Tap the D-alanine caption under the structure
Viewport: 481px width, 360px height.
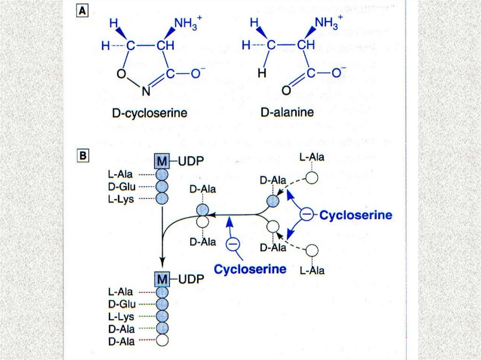(x=287, y=114)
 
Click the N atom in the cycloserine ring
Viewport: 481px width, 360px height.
(x=146, y=92)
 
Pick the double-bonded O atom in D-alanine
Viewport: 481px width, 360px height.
(x=286, y=92)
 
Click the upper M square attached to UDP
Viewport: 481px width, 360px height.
(x=161, y=161)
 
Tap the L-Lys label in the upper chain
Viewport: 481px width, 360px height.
(x=121, y=199)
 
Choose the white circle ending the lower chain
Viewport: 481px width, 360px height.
(x=162, y=338)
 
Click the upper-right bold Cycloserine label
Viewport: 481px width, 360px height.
(x=355, y=215)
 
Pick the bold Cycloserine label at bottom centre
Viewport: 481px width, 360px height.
(x=250, y=269)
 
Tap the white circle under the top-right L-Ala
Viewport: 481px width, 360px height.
(x=312, y=177)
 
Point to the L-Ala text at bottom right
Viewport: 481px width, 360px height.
(x=312, y=270)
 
